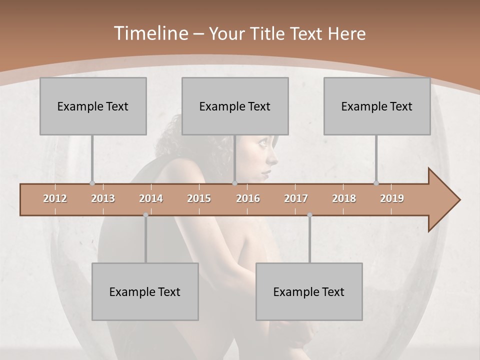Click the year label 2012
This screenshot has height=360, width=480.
point(55,198)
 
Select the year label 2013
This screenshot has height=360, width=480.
point(103,198)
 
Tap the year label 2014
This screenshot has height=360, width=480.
point(151,198)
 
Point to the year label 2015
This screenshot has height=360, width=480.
point(199,198)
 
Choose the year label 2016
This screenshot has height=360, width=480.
point(248,198)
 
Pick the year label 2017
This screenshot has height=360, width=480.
point(296,198)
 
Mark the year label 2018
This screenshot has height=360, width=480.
point(344,198)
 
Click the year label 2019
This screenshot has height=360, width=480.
point(392,198)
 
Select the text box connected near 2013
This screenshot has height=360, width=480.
point(93,106)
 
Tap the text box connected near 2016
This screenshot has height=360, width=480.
point(235,106)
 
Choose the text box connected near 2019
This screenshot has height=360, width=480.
point(377,106)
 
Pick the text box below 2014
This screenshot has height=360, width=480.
point(145,291)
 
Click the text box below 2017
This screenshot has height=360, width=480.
point(309,291)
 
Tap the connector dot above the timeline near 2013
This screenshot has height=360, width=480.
point(92,183)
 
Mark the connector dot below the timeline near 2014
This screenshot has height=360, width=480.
point(145,215)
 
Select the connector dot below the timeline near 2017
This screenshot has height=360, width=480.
point(309,215)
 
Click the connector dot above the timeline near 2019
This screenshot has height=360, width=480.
point(376,183)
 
